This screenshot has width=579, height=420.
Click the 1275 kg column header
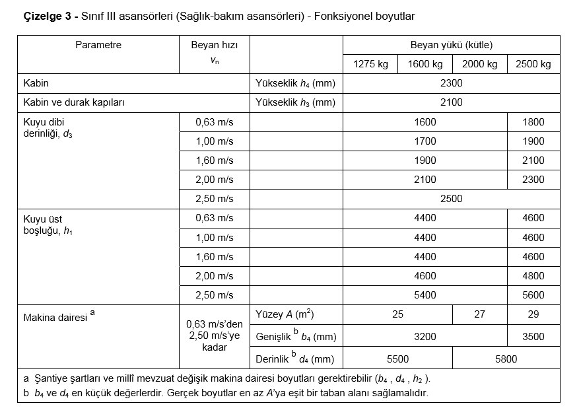(370, 64)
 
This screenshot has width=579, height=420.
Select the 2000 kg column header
(479, 64)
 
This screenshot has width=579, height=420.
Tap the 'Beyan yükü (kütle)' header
(452, 46)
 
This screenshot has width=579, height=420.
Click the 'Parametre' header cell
(98, 46)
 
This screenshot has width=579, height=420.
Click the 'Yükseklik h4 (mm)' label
(295, 83)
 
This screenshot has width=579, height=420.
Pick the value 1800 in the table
(533, 122)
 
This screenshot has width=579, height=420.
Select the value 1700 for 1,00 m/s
(425, 141)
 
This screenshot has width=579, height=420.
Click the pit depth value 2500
(452, 199)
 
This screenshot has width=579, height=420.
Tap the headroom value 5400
(425, 295)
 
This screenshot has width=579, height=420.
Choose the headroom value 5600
(533, 295)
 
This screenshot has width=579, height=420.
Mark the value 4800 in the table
(533, 276)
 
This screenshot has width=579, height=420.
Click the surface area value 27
(479, 314)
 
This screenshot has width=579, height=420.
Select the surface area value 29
(533, 314)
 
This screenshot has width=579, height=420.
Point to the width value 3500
(533, 337)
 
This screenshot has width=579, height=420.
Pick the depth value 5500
(397, 359)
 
